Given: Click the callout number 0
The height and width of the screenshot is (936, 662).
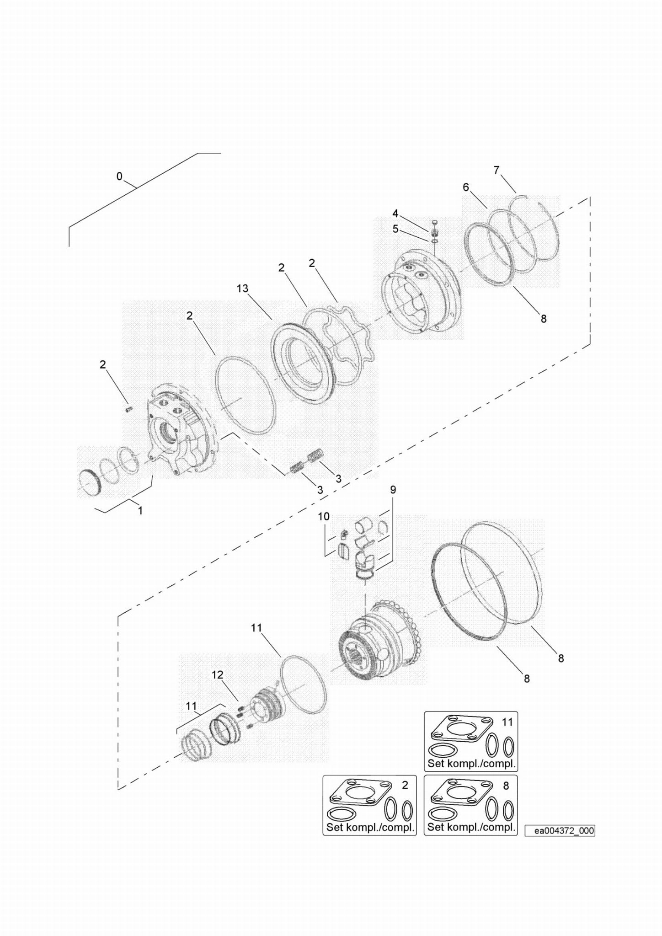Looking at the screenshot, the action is click(119, 177).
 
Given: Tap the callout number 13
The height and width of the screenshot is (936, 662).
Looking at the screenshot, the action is click(242, 289).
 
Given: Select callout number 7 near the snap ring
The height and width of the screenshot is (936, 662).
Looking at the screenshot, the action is click(496, 170).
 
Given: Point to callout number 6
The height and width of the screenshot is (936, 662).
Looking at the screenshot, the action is click(466, 187).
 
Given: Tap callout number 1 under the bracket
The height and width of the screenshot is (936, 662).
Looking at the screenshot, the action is click(140, 511).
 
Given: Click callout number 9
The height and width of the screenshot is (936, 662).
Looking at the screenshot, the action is click(393, 490).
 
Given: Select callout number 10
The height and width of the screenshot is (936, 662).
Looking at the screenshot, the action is click(324, 517).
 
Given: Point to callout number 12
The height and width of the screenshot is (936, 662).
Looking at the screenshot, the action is click(218, 674).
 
